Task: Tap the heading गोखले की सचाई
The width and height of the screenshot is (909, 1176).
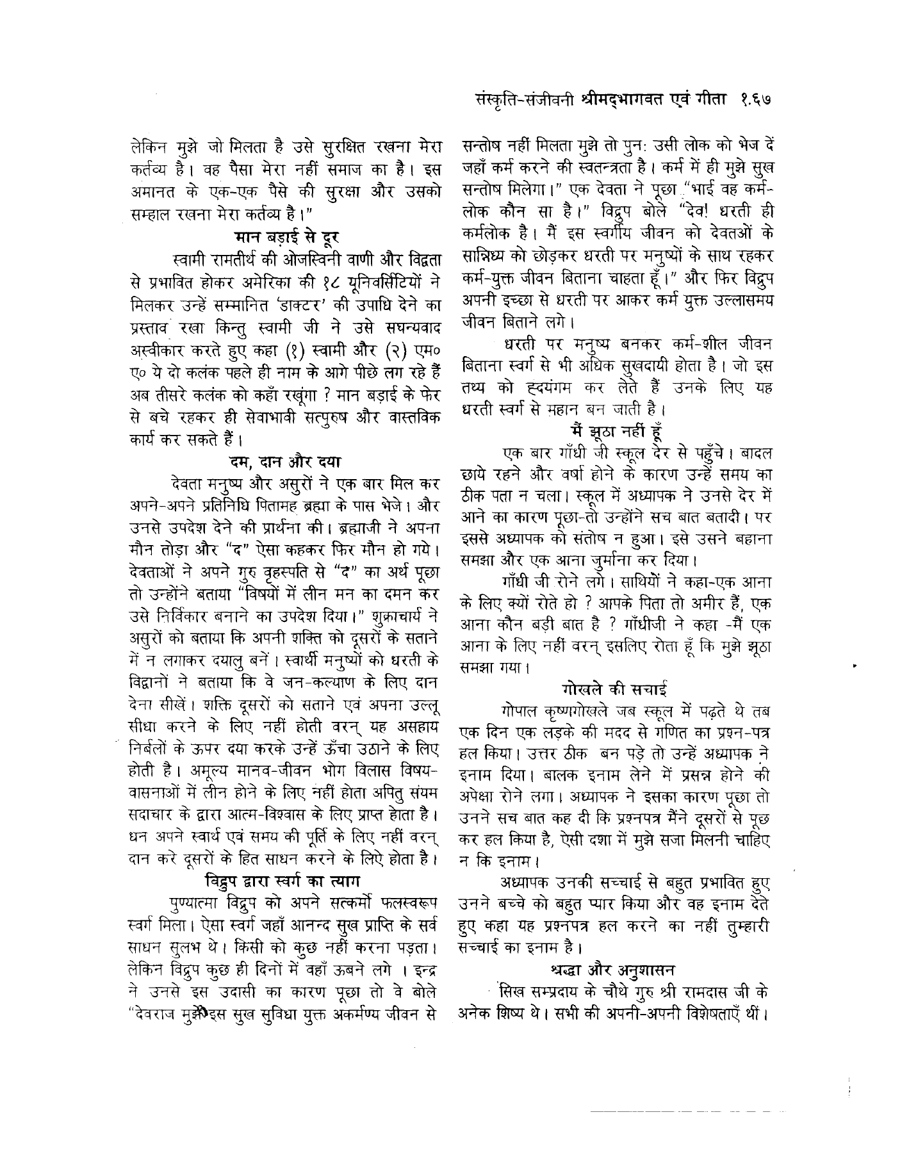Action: pos(615,690)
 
